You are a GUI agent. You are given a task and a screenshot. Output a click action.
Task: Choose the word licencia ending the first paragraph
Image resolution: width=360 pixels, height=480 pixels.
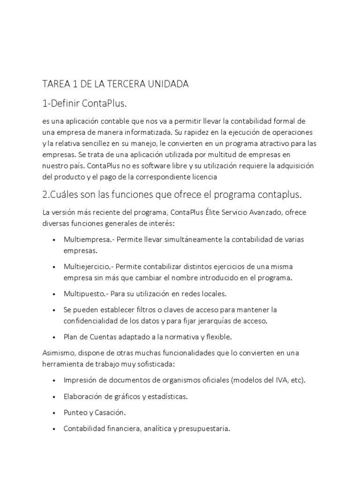tap(203, 177)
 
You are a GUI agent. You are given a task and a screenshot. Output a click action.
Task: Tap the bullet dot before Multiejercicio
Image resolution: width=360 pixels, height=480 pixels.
tap(55, 267)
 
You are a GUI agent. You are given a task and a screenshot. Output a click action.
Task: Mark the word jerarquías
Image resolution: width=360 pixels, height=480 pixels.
tap(215, 321)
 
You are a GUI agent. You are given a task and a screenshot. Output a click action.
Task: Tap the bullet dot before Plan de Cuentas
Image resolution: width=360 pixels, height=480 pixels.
tap(55, 337)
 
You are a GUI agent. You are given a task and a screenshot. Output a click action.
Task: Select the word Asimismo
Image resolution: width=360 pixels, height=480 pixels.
tap(59, 352)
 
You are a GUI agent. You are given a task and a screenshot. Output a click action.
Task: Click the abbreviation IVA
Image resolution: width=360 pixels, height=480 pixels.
tap(281, 380)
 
